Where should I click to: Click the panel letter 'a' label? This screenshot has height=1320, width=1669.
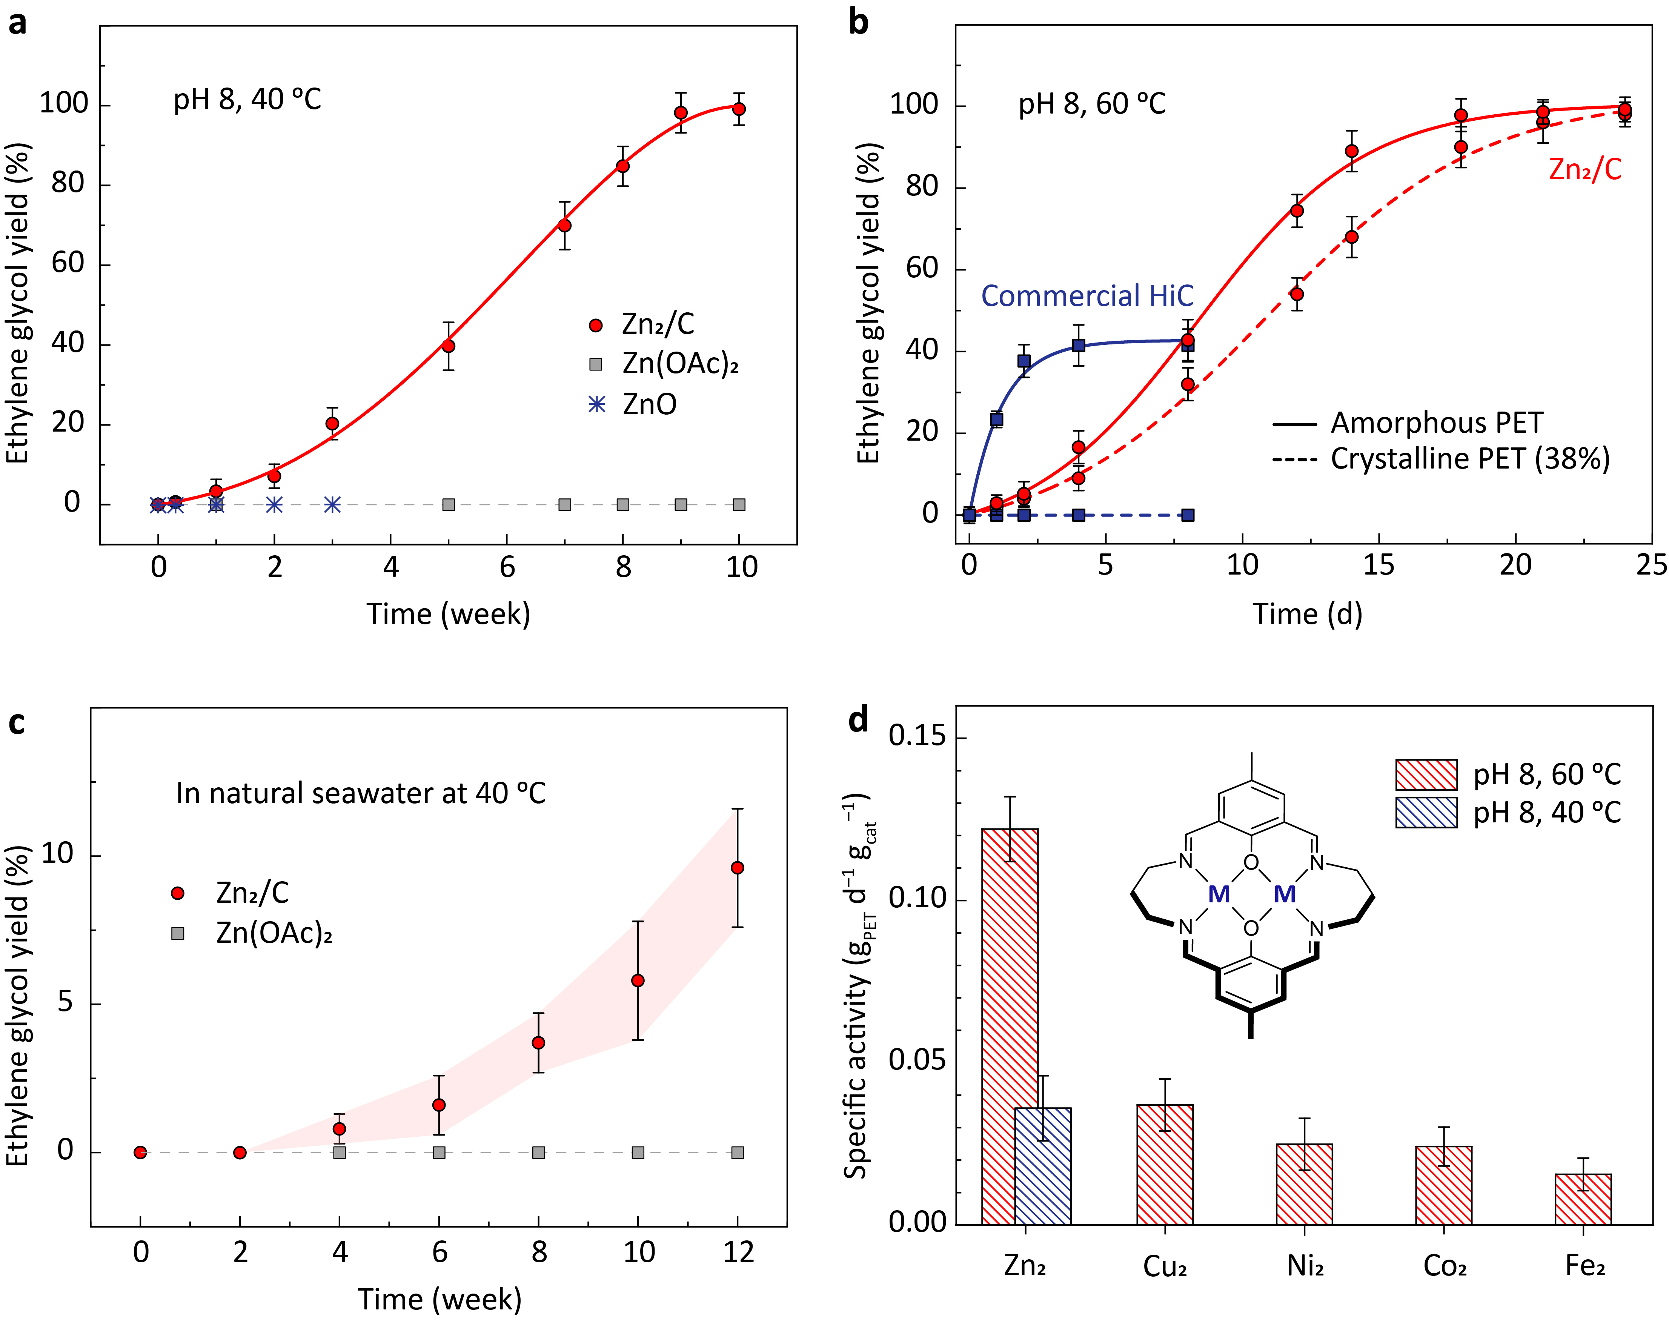17,23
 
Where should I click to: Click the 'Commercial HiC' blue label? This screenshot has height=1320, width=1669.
1087,296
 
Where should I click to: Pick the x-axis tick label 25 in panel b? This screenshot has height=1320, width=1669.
1651,565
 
